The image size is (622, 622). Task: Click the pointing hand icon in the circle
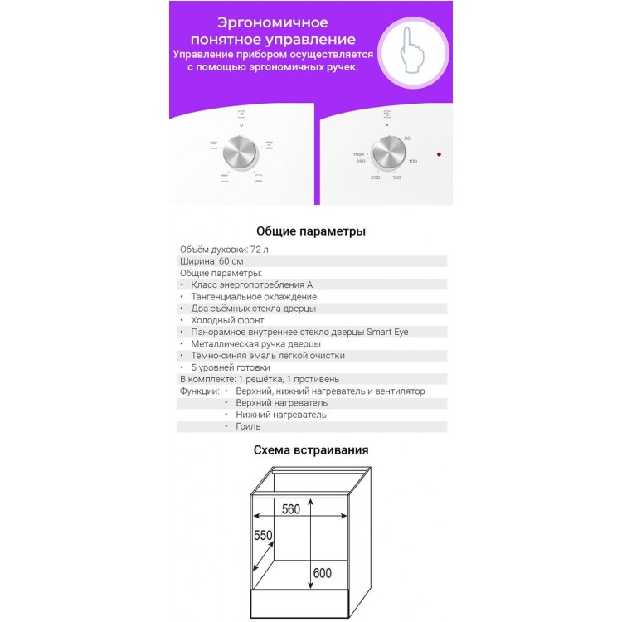pyautogui.click(x=411, y=51)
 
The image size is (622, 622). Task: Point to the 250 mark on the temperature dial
pyautogui.click(x=360, y=162)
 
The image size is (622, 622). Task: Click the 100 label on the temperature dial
pyautogui.click(x=412, y=161)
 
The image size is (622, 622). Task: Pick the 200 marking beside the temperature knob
pyautogui.click(x=375, y=178)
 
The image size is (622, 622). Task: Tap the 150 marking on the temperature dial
pyautogui.click(x=396, y=178)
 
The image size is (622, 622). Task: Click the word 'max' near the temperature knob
pyautogui.click(x=358, y=154)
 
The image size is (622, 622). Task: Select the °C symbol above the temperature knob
pyautogui.click(x=386, y=114)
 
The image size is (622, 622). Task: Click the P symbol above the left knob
pyautogui.click(x=241, y=113)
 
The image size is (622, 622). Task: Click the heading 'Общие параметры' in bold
pyautogui.click(x=310, y=231)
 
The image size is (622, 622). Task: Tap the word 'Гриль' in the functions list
pyautogui.click(x=248, y=426)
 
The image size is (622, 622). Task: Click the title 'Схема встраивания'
pyautogui.click(x=310, y=450)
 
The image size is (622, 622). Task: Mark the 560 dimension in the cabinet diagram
pyautogui.click(x=289, y=510)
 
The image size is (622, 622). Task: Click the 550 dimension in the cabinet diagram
pyautogui.click(x=263, y=537)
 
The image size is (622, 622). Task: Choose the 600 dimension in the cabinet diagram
pyautogui.click(x=323, y=572)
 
